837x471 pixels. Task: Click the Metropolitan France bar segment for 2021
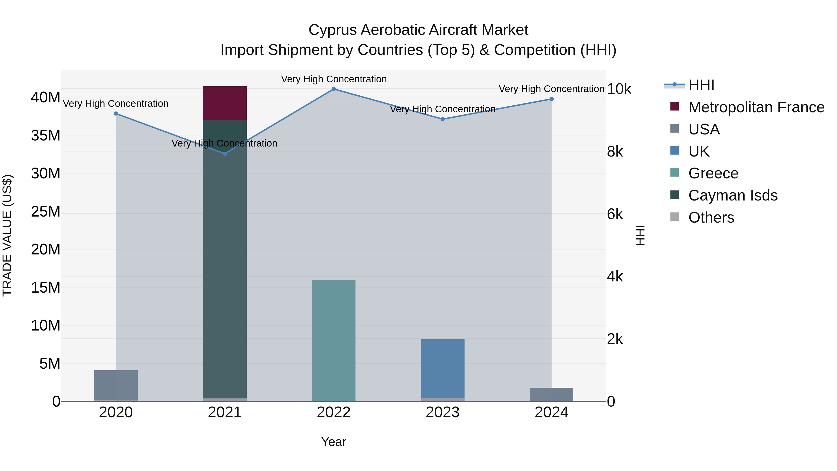point(225,103)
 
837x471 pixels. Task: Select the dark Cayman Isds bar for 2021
point(225,260)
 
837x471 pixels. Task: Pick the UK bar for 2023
point(442,369)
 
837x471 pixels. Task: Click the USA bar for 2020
point(116,385)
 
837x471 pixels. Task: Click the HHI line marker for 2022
point(333,89)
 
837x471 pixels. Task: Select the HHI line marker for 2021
point(225,154)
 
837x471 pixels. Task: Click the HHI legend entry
point(701,85)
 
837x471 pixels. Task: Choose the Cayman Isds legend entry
point(733,195)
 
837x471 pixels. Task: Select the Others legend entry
point(711,217)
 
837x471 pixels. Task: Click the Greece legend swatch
point(674,173)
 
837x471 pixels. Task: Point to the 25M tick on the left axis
point(46,212)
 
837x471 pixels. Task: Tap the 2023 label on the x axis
point(442,412)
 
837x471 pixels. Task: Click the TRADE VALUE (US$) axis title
point(7,235)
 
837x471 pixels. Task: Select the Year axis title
point(333,442)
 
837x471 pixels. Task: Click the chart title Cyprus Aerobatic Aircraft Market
point(418,30)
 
